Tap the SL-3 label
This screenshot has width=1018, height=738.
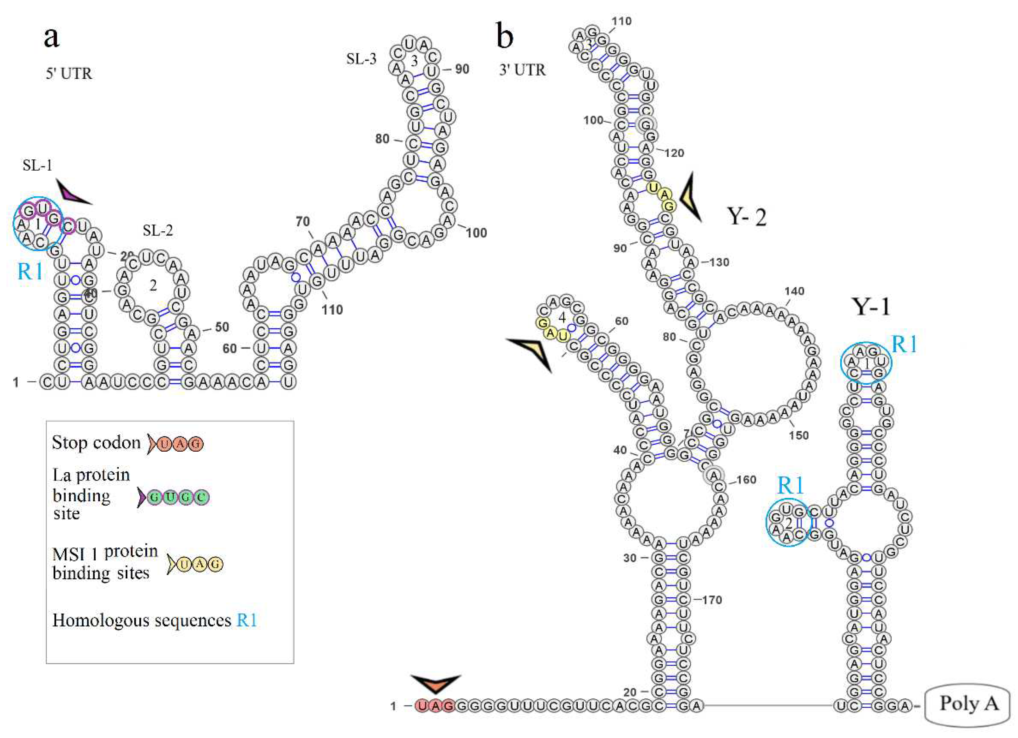(x=361, y=59)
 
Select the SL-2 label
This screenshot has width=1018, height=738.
(x=158, y=231)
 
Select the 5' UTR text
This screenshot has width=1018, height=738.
(x=69, y=73)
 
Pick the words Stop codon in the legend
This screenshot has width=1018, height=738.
(x=96, y=443)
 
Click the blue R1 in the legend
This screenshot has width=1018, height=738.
(x=247, y=620)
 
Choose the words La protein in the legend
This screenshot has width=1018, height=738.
(x=91, y=475)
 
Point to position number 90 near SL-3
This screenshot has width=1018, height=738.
(x=462, y=69)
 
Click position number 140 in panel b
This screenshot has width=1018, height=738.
(x=794, y=291)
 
